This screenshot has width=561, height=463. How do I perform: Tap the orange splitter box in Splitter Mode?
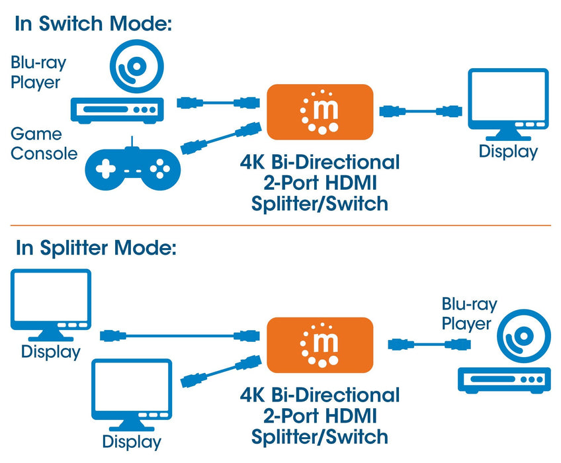click(x=320, y=343)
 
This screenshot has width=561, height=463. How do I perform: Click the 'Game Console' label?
click(x=44, y=144)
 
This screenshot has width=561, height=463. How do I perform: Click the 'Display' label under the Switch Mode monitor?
click(x=508, y=151)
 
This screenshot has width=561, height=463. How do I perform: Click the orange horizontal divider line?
click(x=280, y=226)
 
